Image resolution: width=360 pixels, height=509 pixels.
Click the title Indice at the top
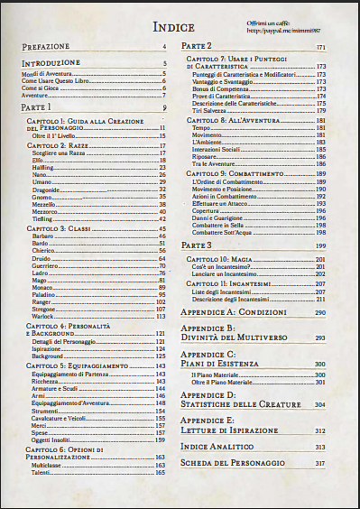pyautogui.click(x=180, y=27)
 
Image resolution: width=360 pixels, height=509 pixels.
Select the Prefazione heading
pyautogui.click(x=47, y=46)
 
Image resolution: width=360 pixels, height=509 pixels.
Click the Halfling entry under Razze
pyautogui.click(x=40, y=168)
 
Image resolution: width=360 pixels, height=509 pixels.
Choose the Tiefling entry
pyautogui.click(x=41, y=218)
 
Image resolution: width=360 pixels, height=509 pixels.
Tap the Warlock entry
pyautogui.click(x=42, y=317)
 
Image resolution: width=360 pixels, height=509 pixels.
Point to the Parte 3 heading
pyautogui.click(x=197, y=245)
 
